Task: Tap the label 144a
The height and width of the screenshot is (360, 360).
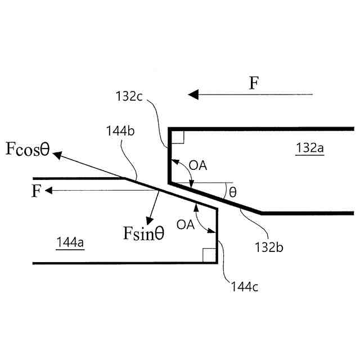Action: pyautogui.click(x=70, y=242)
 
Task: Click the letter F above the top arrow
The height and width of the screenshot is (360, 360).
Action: pyautogui.click(x=254, y=83)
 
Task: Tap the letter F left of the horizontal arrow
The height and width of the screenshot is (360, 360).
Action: pyautogui.click(x=35, y=191)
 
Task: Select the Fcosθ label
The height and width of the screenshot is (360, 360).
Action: pyautogui.click(x=28, y=149)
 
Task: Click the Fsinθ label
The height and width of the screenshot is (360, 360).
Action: pyautogui.click(x=144, y=232)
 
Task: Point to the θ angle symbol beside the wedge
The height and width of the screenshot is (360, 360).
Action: pyautogui.click(x=232, y=192)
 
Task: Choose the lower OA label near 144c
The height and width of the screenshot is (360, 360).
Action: pyautogui.click(x=186, y=224)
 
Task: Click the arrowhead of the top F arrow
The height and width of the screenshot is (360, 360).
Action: pyautogui.click(x=193, y=95)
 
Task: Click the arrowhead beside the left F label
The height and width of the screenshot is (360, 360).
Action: pyautogui.click(x=49, y=191)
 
